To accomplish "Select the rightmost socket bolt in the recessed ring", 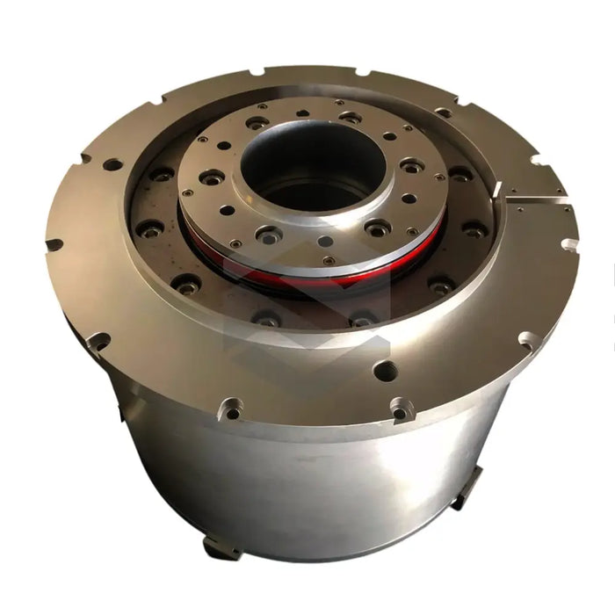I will tap(474, 230).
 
